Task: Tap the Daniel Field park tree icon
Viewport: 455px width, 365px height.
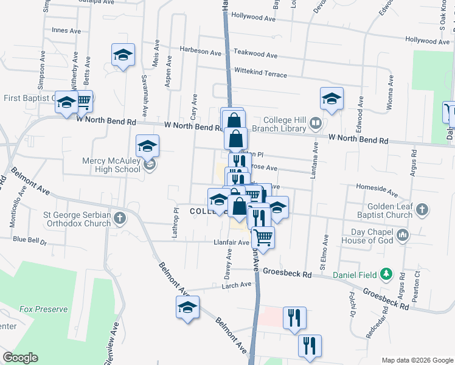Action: coord(384,274)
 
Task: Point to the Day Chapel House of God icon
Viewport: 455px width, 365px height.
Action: coord(401,235)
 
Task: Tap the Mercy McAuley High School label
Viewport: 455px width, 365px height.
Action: coord(111,165)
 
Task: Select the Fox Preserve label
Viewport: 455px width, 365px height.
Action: coord(43,309)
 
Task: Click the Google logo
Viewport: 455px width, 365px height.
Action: coord(21,358)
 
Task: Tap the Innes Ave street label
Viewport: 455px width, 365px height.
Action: coord(66,30)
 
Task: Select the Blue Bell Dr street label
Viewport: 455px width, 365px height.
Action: coord(30,240)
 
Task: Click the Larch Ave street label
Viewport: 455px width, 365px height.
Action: coord(237,285)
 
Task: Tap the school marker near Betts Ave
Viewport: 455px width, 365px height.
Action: coord(123,55)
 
